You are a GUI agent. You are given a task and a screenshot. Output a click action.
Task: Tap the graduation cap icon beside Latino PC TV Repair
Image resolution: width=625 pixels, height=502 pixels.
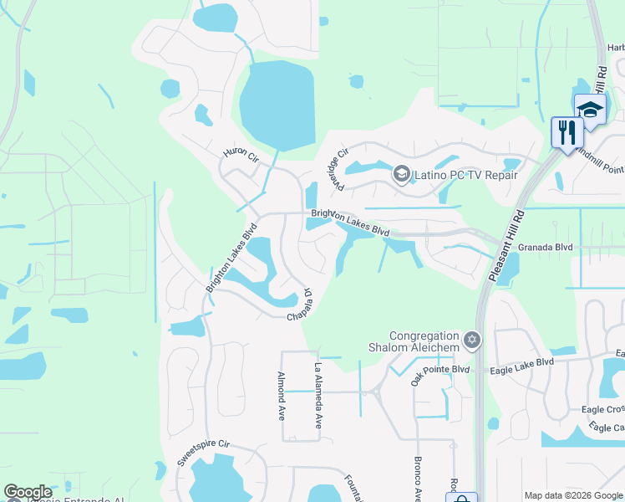[x=401, y=174]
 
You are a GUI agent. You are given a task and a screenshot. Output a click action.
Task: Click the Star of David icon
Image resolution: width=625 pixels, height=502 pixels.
[x=472, y=339]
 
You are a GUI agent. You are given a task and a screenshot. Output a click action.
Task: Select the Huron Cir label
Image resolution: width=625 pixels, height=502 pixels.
[x=241, y=156]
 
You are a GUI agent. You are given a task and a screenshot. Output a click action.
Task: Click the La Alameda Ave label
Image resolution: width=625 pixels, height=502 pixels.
[x=318, y=395]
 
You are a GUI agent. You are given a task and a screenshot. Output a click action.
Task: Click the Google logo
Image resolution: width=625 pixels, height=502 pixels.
[x=28, y=493]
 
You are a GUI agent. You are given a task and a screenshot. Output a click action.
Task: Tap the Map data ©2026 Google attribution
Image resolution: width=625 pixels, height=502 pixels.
[x=572, y=495]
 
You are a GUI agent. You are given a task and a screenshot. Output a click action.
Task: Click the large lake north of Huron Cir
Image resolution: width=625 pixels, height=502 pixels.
[x=277, y=105]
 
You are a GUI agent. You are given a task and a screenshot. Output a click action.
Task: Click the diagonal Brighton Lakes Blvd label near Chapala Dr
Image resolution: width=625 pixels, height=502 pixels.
[x=231, y=257]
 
